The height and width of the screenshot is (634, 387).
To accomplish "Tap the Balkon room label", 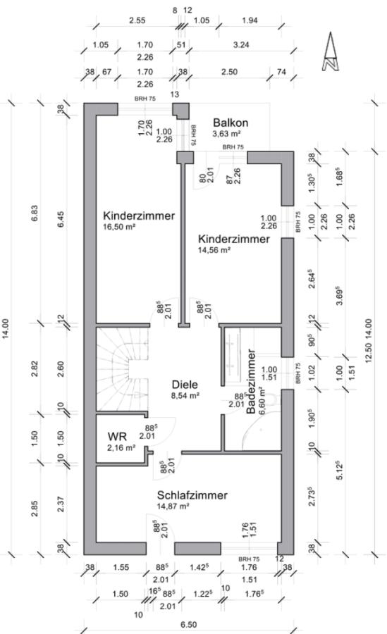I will click(x=231, y=123).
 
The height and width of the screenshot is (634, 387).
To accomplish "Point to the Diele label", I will click(x=185, y=385).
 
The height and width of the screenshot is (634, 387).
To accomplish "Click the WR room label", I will click(x=116, y=436).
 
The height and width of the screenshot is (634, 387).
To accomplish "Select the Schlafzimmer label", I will click(x=192, y=495).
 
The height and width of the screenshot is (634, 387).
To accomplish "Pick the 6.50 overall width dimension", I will click(x=188, y=624).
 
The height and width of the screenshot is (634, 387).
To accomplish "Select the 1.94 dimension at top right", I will click(x=250, y=20).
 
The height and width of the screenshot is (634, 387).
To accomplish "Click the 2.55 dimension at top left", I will click(x=137, y=20).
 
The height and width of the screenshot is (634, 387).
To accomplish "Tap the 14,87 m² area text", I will click(x=174, y=506).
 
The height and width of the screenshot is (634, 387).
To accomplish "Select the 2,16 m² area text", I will click(x=121, y=447).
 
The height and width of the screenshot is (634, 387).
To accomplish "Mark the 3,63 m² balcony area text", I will click(x=227, y=133).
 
